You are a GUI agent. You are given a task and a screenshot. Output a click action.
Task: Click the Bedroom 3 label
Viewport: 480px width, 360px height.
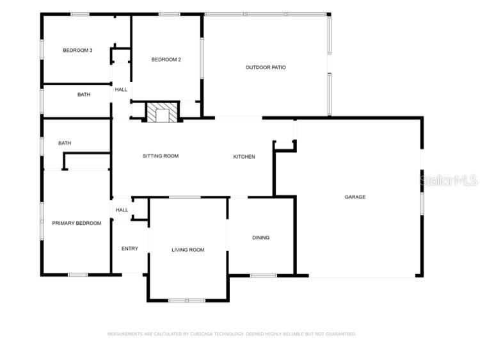[77, 51]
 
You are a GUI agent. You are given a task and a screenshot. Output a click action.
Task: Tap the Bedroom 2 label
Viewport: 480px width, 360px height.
[166, 60]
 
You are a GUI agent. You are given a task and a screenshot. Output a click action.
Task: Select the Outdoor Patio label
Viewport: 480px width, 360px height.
[266, 67]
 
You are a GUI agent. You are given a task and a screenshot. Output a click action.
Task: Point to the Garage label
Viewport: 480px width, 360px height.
[355, 197]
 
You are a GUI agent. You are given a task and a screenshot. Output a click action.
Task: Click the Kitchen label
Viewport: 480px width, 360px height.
[244, 156]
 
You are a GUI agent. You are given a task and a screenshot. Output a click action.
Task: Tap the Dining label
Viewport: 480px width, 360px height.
[260, 238]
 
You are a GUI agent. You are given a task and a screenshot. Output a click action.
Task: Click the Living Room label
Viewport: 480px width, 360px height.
[188, 250]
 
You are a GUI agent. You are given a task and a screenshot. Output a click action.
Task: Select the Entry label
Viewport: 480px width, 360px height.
[130, 249]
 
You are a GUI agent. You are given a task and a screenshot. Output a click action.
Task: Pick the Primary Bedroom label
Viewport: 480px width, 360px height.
[77, 223]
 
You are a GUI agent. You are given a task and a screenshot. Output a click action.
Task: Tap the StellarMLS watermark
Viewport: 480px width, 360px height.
[448, 181]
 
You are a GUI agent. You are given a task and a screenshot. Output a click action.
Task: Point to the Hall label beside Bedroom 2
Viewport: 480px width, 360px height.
[121, 90]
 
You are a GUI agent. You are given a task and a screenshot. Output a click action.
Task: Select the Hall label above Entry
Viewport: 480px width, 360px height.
[122, 209]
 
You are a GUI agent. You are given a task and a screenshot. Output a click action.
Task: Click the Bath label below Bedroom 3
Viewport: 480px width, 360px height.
[84, 95]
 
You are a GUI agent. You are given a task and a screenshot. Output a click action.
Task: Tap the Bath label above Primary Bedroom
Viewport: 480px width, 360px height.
[65, 143]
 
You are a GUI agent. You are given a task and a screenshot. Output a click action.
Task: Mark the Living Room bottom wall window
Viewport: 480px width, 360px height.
[187, 300]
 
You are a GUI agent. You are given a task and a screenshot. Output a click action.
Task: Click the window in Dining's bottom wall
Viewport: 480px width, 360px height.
[263, 275]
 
